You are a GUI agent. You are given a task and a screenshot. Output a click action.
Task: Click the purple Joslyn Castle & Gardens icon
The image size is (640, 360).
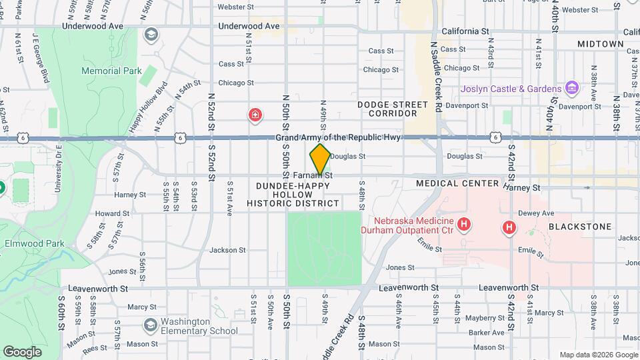point(571,88)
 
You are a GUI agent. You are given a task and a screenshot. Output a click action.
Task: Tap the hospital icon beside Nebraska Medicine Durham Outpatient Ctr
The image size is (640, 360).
point(465,225)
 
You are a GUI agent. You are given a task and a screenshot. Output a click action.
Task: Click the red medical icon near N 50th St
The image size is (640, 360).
point(255,116)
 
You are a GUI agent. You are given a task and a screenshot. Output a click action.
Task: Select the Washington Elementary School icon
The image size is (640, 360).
point(151,325)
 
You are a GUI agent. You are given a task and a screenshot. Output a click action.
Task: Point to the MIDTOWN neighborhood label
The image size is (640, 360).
point(600,44)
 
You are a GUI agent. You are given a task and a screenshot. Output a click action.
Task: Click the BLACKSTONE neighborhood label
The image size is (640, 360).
point(580,227)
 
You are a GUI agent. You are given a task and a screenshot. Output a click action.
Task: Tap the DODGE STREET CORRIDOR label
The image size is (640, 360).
point(392,109)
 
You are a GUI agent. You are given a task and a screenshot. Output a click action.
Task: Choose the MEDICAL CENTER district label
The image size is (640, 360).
point(457,183)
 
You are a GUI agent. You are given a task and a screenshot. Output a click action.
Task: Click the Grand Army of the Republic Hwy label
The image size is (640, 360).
point(340,137)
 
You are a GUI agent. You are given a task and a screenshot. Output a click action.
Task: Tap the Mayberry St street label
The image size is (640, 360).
point(485,318)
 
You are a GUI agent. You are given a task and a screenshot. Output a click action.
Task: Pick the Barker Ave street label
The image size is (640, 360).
point(485,332)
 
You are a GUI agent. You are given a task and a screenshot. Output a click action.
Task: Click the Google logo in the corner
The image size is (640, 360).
point(22,351)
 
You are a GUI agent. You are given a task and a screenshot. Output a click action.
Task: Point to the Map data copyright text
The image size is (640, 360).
point(597,355)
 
